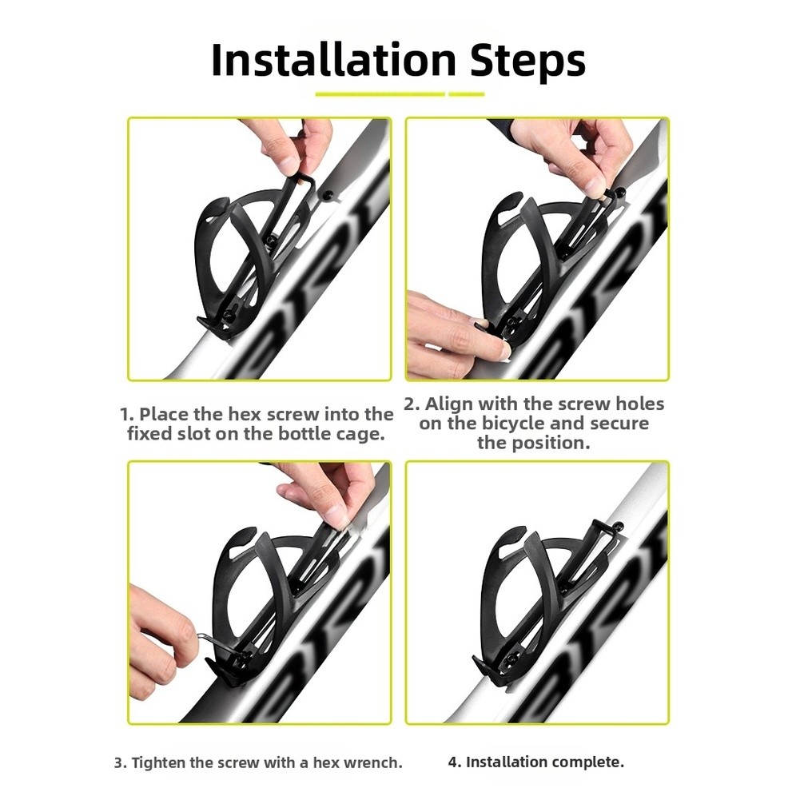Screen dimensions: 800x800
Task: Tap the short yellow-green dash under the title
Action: pos(466,94)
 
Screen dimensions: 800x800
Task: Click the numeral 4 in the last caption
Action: pos(454,762)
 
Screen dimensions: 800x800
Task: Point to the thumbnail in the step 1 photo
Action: pos(289,164)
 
